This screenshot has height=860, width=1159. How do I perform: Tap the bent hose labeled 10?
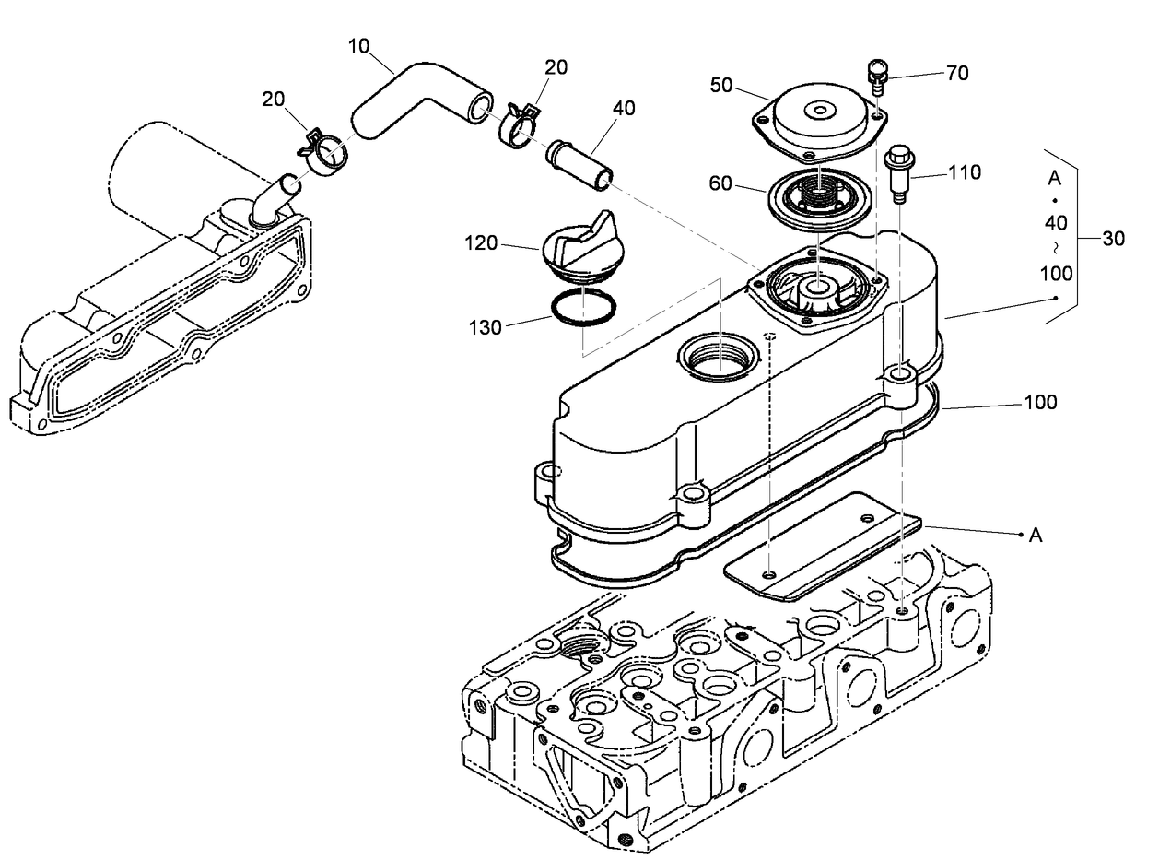pyautogui.click(x=405, y=100)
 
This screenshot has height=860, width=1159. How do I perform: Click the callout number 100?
pyautogui.click(x=1040, y=402)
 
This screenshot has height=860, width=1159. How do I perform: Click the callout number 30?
pyautogui.click(x=1114, y=238)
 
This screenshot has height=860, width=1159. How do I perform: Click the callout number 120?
pyautogui.click(x=481, y=243)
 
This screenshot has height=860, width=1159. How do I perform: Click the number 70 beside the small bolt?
pyautogui.click(x=957, y=73)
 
